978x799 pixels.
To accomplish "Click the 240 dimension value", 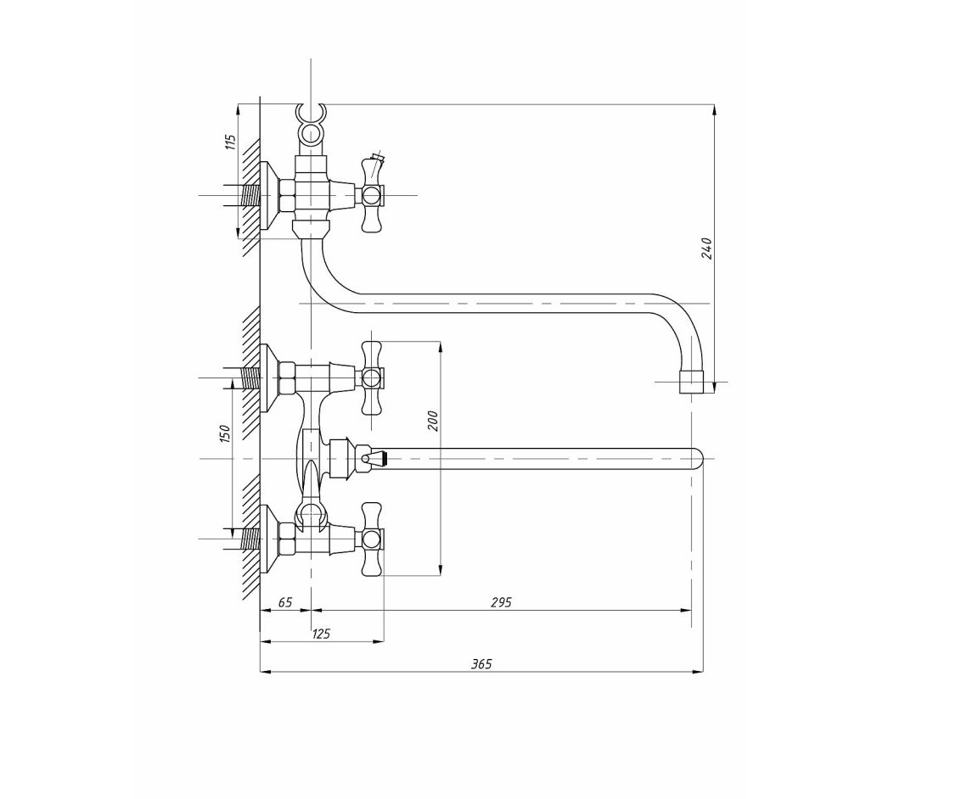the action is point(706,248).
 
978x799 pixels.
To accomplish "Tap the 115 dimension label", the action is point(231,142).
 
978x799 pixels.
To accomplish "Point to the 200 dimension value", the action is point(434,422).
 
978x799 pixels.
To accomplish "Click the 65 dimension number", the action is point(285,602).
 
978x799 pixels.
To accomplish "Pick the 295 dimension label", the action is point(501,602).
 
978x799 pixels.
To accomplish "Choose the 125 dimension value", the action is point(321,634).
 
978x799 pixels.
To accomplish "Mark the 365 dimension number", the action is point(481,664).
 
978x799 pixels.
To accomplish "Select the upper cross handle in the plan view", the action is point(373,377).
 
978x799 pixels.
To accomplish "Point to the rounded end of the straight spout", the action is point(697,459).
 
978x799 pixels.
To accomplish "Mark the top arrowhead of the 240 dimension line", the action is point(716,109).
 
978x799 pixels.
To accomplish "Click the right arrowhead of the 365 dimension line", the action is point(699,672).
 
